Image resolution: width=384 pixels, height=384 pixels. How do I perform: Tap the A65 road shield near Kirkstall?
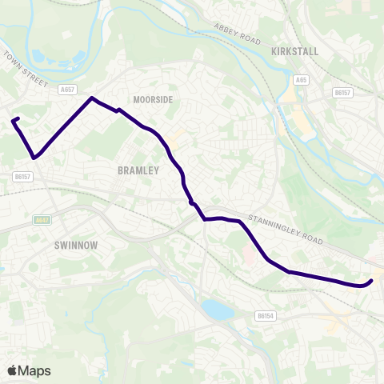[302, 80]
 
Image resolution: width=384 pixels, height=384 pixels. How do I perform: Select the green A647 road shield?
[42, 219]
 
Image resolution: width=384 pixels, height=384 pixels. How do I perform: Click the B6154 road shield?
[266, 316]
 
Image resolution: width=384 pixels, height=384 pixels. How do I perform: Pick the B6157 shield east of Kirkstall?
[343, 93]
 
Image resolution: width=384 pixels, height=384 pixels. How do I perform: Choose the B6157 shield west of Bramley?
[22, 176]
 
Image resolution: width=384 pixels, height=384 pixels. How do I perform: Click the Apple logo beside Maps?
[12, 370]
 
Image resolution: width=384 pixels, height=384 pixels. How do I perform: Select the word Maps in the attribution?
[35, 370]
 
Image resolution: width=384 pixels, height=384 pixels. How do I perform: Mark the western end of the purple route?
[13, 121]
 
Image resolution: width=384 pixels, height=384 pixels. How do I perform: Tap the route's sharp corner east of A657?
[92, 98]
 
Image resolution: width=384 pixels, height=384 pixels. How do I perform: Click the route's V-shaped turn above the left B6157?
[33, 157]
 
